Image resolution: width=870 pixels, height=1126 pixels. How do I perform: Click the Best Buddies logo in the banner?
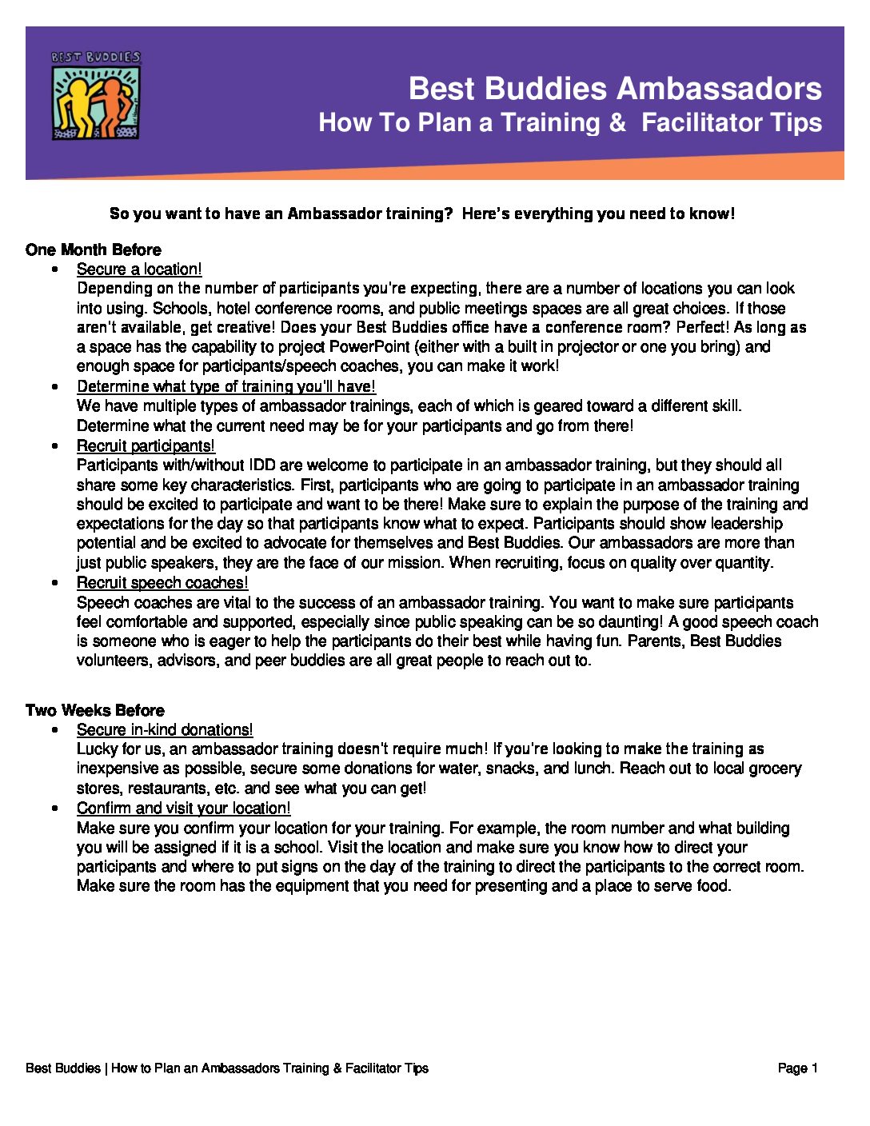[x=96, y=96]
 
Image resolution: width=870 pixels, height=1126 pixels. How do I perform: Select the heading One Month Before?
[x=93, y=250]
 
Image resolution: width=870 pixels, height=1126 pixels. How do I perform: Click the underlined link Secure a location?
[x=139, y=270]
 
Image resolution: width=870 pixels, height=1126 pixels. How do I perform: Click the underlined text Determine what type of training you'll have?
[x=226, y=386]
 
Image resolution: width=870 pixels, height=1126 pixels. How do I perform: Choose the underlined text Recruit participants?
[x=146, y=445]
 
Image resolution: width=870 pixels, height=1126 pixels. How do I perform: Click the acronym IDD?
[x=262, y=465]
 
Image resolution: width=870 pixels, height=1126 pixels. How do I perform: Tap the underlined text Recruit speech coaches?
[x=162, y=583]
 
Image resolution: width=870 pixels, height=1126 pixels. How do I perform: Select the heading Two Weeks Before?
[x=94, y=710]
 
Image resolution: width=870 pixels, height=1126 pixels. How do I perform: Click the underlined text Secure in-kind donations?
[x=165, y=729]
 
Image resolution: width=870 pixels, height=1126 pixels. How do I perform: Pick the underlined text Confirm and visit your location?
[x=184, y=808]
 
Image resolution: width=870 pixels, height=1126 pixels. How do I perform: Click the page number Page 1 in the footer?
[x=797, y=1068]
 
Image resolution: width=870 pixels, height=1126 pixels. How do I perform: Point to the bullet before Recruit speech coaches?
[x=54, y=583]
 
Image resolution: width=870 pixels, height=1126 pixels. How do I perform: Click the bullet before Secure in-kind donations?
[x=54, y=730]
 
